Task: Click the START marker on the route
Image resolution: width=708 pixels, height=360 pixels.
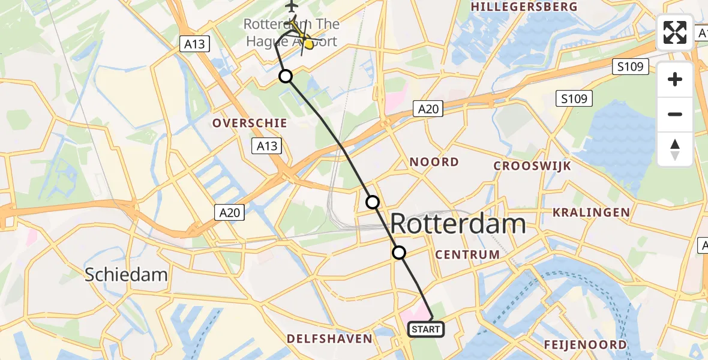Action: click(426, 329)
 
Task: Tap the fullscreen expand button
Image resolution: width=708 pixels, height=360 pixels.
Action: click(675, 32)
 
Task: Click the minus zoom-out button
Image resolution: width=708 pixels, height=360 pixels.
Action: click(675, 114)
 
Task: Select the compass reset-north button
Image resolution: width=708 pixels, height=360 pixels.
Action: click(675, 149)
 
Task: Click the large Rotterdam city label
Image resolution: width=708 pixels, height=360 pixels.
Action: click(458, 224)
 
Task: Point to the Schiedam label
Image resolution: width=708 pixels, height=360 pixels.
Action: click(126, 275)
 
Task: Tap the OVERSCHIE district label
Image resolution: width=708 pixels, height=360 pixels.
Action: click(249, 123)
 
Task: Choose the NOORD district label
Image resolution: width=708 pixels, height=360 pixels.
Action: click(434, 162)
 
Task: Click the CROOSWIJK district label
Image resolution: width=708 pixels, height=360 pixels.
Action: click(532, 166)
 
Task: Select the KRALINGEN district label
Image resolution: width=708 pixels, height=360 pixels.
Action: click(591, 212)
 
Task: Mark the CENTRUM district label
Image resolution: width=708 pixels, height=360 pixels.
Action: click(467, 254)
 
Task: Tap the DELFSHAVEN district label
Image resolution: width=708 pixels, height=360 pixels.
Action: click(329, 339)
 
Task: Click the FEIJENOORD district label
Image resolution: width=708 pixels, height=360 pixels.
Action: click(585, 344)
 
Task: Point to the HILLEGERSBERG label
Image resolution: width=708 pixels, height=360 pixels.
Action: click(524, 7)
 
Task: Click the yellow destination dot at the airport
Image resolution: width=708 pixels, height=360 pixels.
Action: click(308, 43)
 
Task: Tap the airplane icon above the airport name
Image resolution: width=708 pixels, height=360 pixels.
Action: click(292, 7)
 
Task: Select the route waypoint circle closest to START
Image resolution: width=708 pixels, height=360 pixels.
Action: click(399, 253)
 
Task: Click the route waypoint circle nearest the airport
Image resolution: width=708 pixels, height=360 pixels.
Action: click(286, 76)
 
